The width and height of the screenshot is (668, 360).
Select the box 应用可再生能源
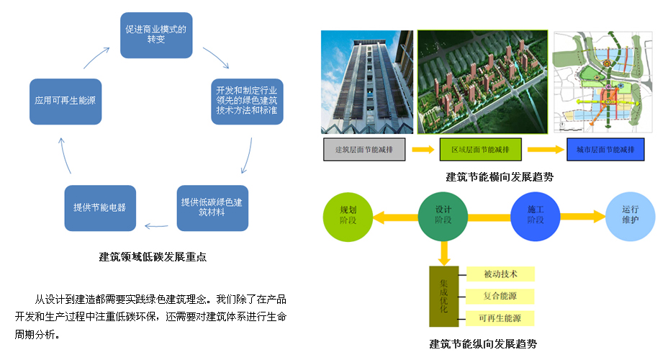(x=64, y=102)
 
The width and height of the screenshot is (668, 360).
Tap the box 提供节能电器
(x=99, y=207)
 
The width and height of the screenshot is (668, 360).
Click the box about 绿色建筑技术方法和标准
(x=248, y=102)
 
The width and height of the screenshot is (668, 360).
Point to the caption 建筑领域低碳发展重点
(x=153, y=256)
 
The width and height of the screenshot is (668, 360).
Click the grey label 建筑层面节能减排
(x=364, y=150)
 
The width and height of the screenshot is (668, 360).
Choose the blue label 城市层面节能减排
(x=605, y=150)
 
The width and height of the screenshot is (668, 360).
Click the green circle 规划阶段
(x=348, y=216)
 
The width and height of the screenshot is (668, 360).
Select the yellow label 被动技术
(x=501, y=274)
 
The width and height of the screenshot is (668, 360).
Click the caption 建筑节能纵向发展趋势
(x=482, y=343)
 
